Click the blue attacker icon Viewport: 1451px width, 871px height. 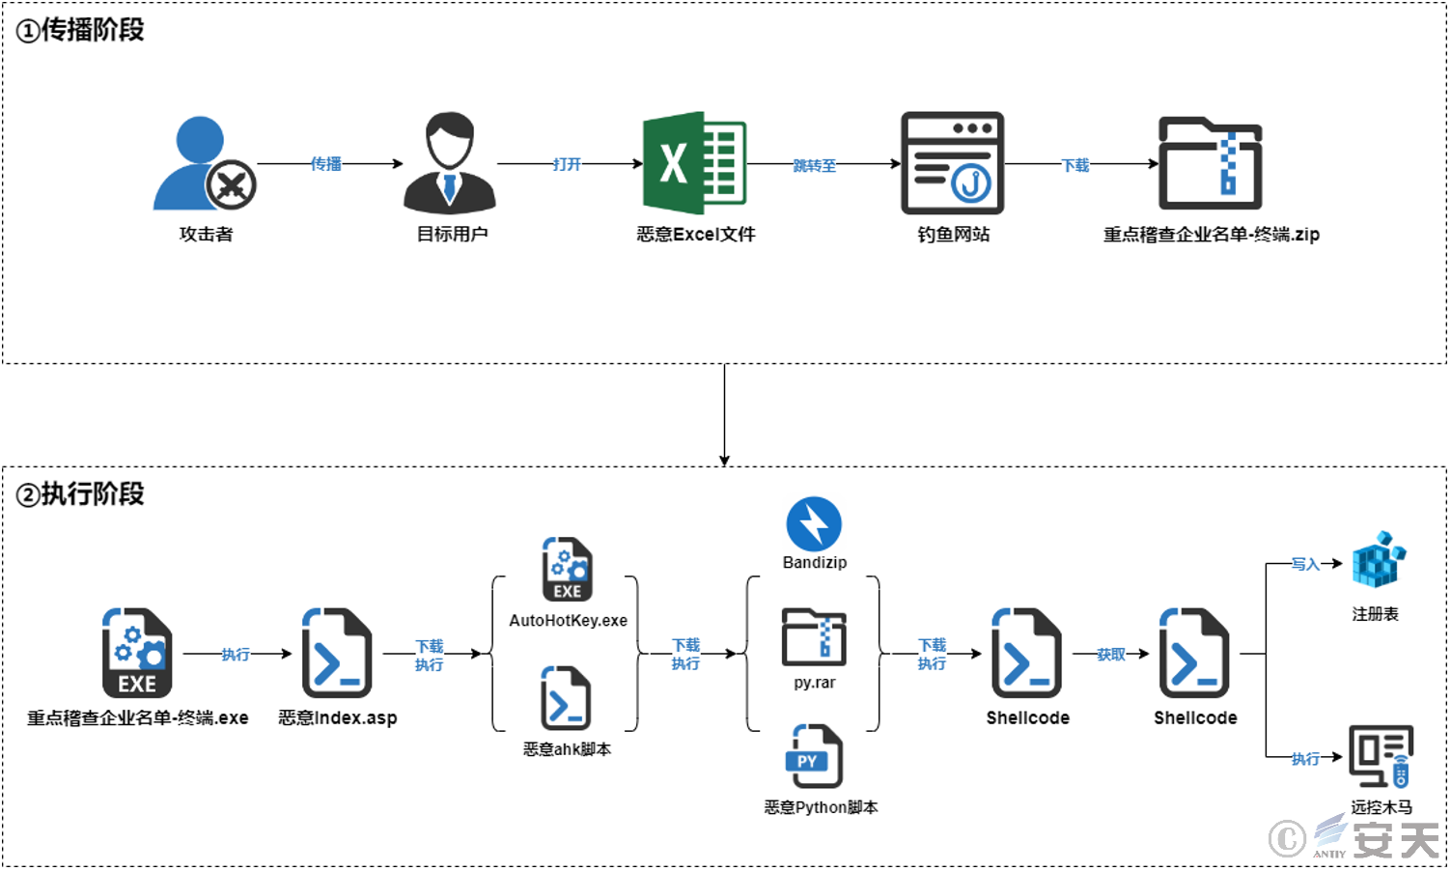204,163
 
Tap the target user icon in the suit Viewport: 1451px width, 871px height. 450,163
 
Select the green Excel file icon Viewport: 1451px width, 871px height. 694,162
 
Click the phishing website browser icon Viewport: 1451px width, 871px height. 952,162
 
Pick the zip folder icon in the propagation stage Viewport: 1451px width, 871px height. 1210,163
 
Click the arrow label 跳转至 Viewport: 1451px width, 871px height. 814,165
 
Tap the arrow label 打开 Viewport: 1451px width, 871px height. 567,164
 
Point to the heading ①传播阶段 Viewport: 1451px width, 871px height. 80,30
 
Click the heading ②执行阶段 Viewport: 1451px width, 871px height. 80,493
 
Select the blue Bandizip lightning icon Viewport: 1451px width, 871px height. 814,524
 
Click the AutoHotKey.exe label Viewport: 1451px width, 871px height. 568,620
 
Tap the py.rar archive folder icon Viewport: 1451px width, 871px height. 814,637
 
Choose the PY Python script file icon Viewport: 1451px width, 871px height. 814,756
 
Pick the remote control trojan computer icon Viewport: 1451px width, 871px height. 1381,756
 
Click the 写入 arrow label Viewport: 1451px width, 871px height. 1305,564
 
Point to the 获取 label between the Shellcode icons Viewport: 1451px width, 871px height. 1110,655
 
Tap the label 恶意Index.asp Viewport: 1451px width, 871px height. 338,717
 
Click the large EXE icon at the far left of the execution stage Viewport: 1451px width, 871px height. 137,653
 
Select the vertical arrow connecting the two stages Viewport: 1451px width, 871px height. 724,415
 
